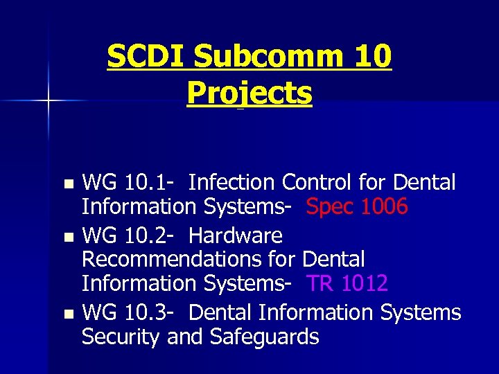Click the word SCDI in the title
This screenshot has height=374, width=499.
[146, 57]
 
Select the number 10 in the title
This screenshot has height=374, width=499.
[371, 57]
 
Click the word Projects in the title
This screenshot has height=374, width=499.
[249, 93]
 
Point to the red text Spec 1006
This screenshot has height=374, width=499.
[357, 206]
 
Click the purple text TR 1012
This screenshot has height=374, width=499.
[347, 283]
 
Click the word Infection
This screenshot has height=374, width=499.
[231, 183]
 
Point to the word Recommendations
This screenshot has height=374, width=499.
[189, 260]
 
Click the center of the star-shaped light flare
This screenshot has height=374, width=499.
[49, 101]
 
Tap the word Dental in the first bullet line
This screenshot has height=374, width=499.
[424, 183]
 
